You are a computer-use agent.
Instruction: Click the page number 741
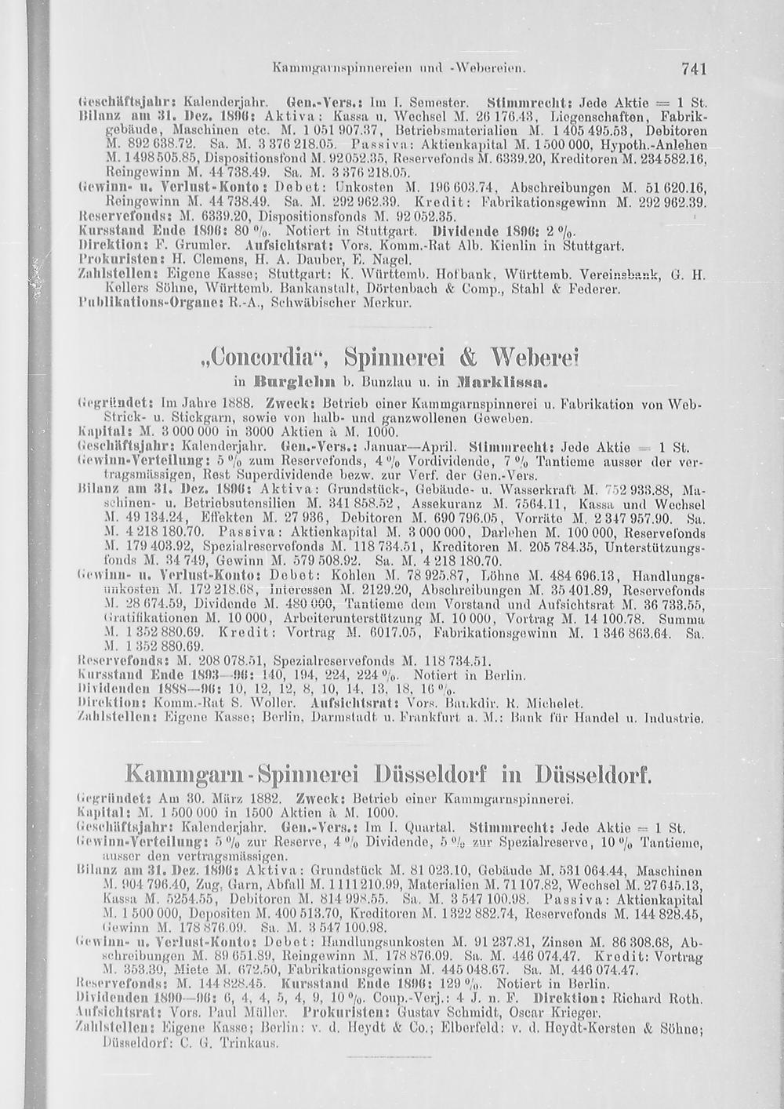coord(694,70)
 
